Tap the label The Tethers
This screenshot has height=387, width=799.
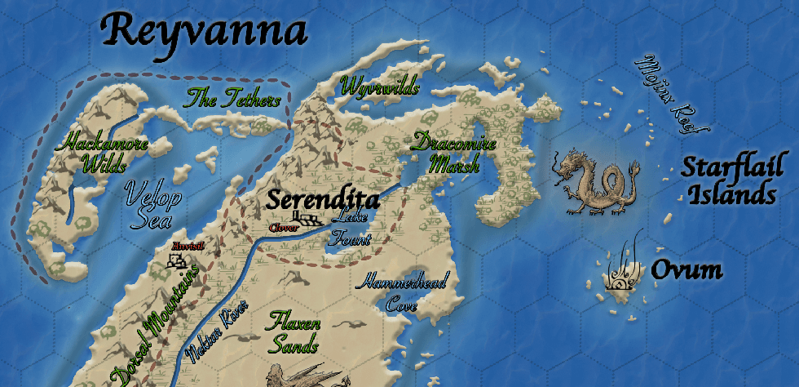[x=233, y=100]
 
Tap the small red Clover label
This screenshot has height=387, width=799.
[x=283, y=227]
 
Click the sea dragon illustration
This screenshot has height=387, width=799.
[x=595, y=182]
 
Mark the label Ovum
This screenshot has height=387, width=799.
[x=686, y=270]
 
